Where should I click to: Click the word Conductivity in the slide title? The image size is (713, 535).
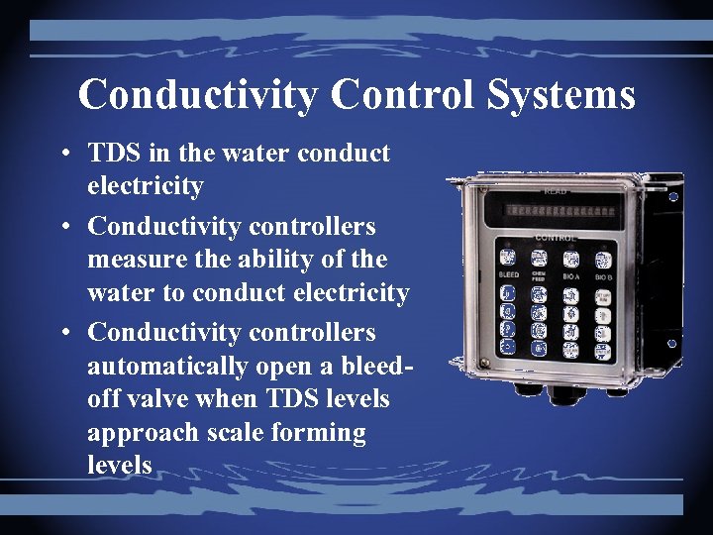(198, 95)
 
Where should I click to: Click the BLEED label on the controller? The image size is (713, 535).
(509, 274)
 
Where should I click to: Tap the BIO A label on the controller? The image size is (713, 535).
(571, 274)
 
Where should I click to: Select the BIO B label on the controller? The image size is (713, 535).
(604, 274)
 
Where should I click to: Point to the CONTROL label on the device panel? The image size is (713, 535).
(556, 238)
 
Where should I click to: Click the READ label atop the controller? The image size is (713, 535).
(555, 190)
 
